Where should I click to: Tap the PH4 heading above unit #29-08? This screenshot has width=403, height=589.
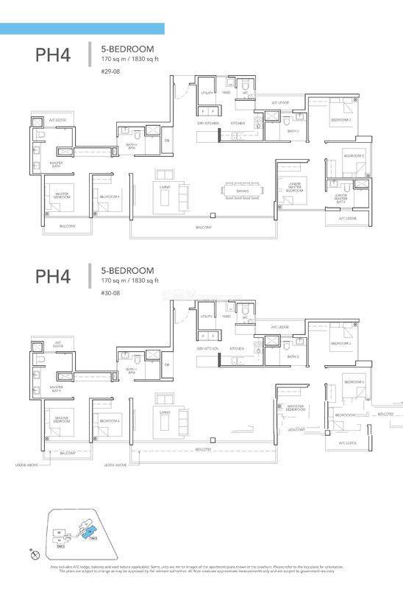click(53, 55)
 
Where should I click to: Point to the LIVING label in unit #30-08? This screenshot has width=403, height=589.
click(165, 412)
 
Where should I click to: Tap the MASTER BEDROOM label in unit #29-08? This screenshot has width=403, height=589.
click(62, 196)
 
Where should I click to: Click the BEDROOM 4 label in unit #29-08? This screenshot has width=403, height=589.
click(110, 197)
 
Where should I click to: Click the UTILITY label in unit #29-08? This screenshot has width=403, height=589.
click(207, 94)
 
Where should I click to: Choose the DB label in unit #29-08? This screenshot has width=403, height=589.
click(167, 140)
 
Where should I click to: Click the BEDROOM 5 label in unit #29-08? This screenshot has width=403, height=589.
click(354, 156)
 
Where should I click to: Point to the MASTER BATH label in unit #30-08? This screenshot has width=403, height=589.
click(56, 388)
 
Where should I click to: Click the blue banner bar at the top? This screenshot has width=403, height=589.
click(82, 29)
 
